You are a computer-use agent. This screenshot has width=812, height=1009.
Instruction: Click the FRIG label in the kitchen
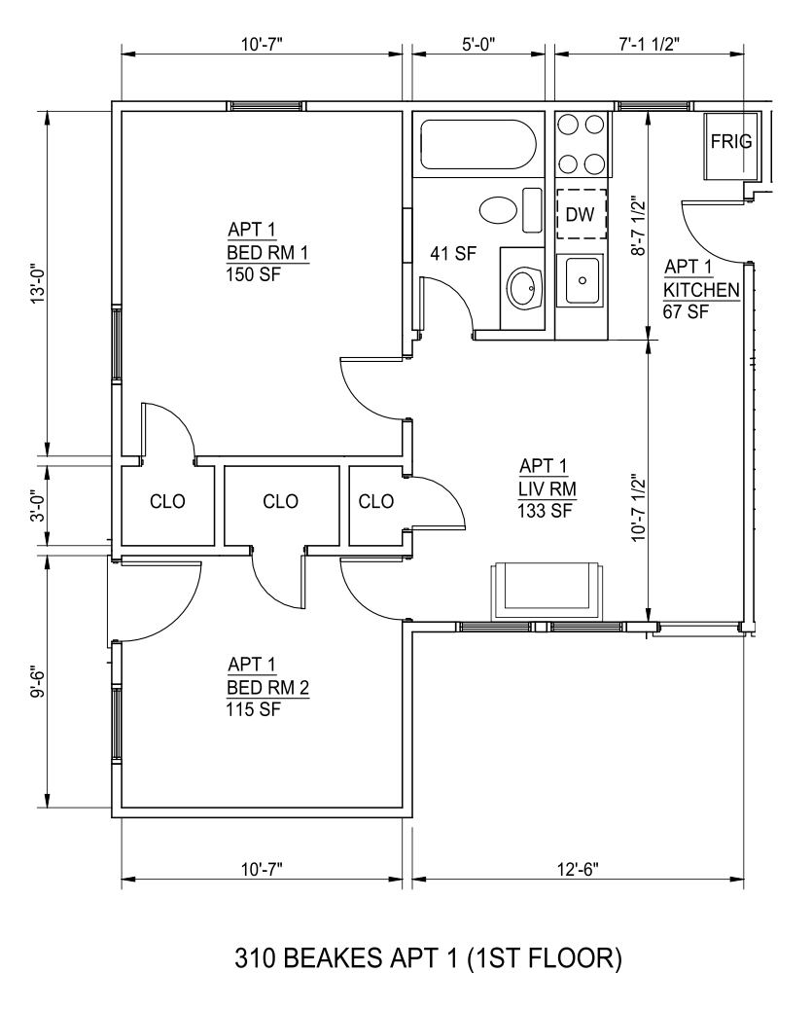[x=731, y=141]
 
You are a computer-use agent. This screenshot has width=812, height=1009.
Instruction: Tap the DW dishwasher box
[x=582, y=214]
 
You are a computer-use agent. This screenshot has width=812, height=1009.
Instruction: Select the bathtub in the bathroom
[x=477, y=145]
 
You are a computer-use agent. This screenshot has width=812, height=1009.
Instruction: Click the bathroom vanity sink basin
[x=525, y=287]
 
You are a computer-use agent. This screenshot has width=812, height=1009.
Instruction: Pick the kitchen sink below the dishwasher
[x=583, y=280]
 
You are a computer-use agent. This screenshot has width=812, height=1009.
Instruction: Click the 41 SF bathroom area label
[x=453, y=254]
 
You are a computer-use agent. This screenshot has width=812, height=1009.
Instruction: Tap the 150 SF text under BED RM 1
[x=253, y=274]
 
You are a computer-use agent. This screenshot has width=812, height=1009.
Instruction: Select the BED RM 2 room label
[x=267, y=688]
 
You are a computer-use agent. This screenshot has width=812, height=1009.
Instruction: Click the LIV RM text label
[x=547, y=489]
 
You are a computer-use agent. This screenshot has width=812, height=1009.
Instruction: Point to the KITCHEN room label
[x=701, y=290]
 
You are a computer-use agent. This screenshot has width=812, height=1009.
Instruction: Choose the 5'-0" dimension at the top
[x=478, y=45]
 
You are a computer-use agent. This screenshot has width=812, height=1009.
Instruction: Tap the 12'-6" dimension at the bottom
[x=578, y=870]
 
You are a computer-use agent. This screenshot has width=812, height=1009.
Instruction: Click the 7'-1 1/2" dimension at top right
[x=650, y=45]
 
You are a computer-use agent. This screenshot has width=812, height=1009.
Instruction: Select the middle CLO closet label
[x=280, y=501]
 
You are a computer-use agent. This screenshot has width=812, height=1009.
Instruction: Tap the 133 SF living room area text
[x=546, y=511]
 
